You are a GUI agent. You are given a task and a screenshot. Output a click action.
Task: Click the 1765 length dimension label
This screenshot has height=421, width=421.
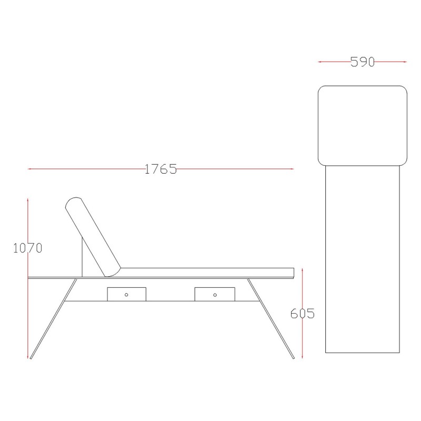pos(161,169)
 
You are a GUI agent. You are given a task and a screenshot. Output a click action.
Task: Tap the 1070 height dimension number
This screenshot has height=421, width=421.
pos(28,248)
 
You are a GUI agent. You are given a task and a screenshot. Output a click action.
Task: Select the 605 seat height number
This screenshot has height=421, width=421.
pos(303,313)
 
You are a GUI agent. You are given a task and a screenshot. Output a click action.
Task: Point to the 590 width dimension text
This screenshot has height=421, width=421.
pos(363,62)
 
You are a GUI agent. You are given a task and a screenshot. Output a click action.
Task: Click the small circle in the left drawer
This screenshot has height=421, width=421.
pos(126,295)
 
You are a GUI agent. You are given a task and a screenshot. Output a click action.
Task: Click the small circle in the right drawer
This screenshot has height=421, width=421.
pos(215,295)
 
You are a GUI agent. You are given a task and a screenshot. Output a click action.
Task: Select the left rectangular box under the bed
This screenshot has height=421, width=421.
pos(127,294)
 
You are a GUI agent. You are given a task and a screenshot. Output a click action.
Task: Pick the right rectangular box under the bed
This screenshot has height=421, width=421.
pos(215,294)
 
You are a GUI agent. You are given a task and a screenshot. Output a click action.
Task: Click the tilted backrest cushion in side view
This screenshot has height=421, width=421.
pos(93,237)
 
